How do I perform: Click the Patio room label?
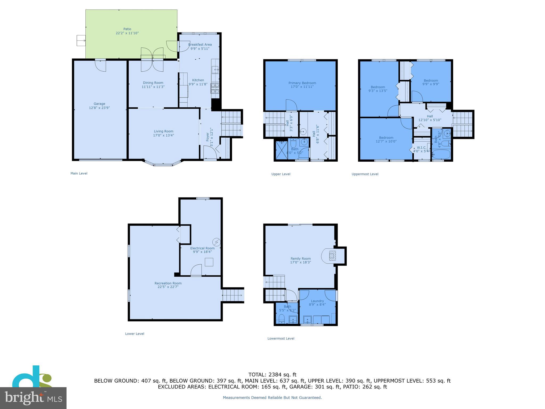[x=127, y=29]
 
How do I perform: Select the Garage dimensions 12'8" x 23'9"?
[x=99, y=108]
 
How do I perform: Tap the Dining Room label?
[x=153, y=83]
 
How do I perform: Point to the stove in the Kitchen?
[x=215, y=88]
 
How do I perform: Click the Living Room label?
[x=163, y=131]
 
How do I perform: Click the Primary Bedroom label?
[x=302, y=83]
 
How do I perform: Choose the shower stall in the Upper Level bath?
[x=282, y=150]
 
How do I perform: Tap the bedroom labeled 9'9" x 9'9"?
[x=431, y=82]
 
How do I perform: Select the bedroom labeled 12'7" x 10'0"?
[x=386, y=140]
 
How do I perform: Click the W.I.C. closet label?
[x=422, y=148]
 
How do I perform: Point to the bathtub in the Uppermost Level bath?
[x=441, y=154]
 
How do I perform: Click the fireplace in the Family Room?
[x=332, y=256]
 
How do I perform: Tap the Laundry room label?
[x=317, y=301]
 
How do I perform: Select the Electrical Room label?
[x=202, y=248]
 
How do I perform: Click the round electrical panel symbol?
[x=216, y=242]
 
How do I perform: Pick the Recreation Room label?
[x=168, y=283]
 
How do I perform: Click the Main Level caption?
[x=79, y=173]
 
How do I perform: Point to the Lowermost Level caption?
[x=281, y=338]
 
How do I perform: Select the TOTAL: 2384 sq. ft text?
[x=272, y=375]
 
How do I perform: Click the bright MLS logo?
[x=33, y=398]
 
